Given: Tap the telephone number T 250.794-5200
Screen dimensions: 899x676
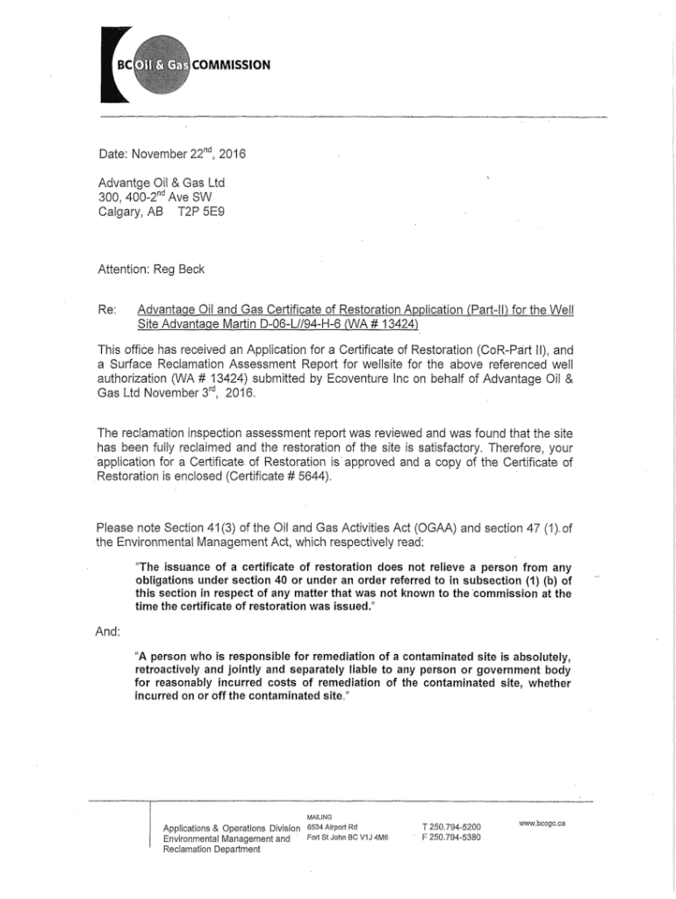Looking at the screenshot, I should coord(450,826).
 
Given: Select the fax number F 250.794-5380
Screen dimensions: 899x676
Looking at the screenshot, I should coord(450,838).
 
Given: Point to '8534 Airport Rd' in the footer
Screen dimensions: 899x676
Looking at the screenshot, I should coord(332,826).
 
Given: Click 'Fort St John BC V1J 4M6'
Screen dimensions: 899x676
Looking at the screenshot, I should coord(349,838).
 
